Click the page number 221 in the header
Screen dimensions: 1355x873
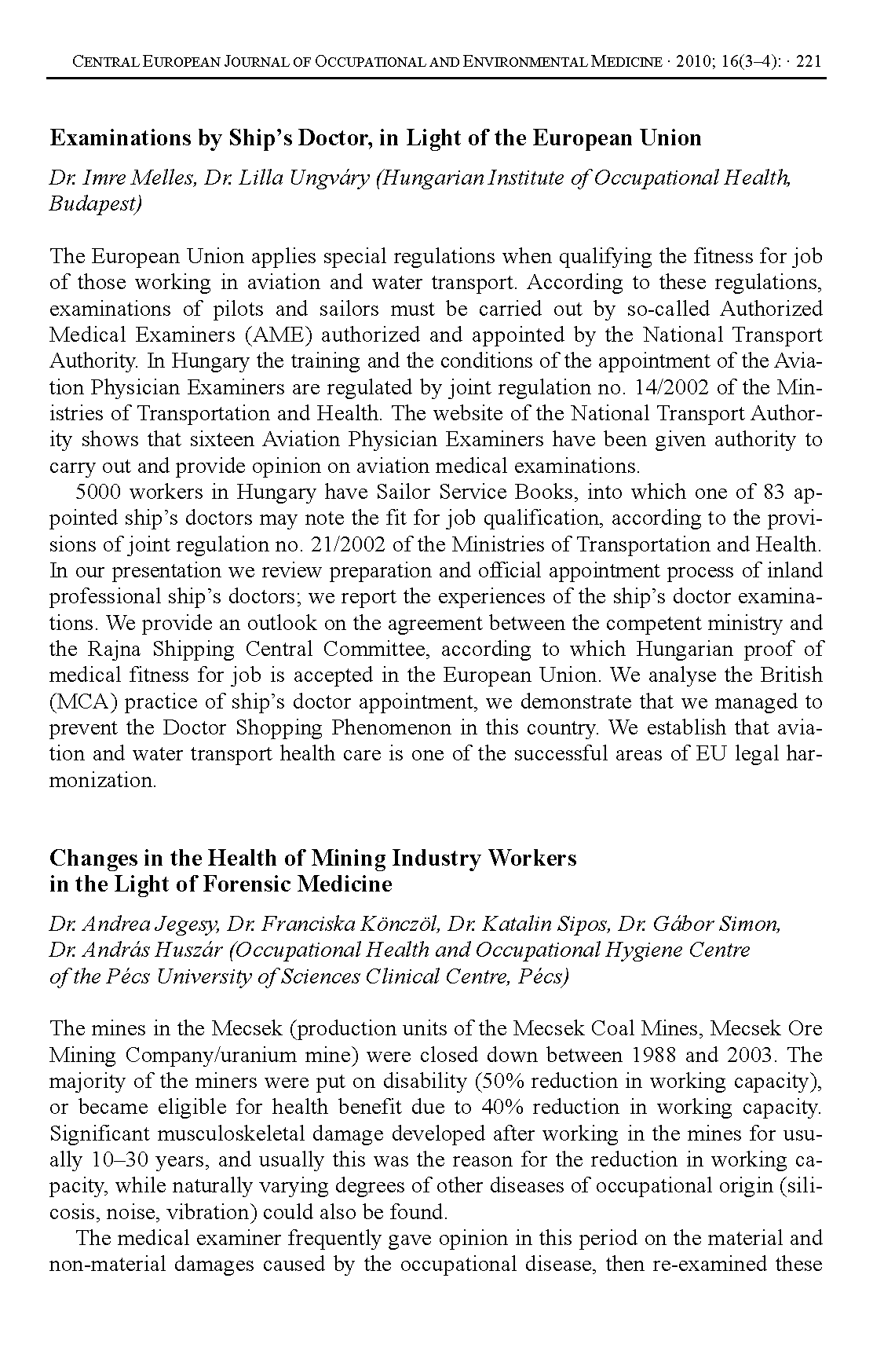[x=809, y=61]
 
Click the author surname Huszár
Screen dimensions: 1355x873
[x=191, y=950]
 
